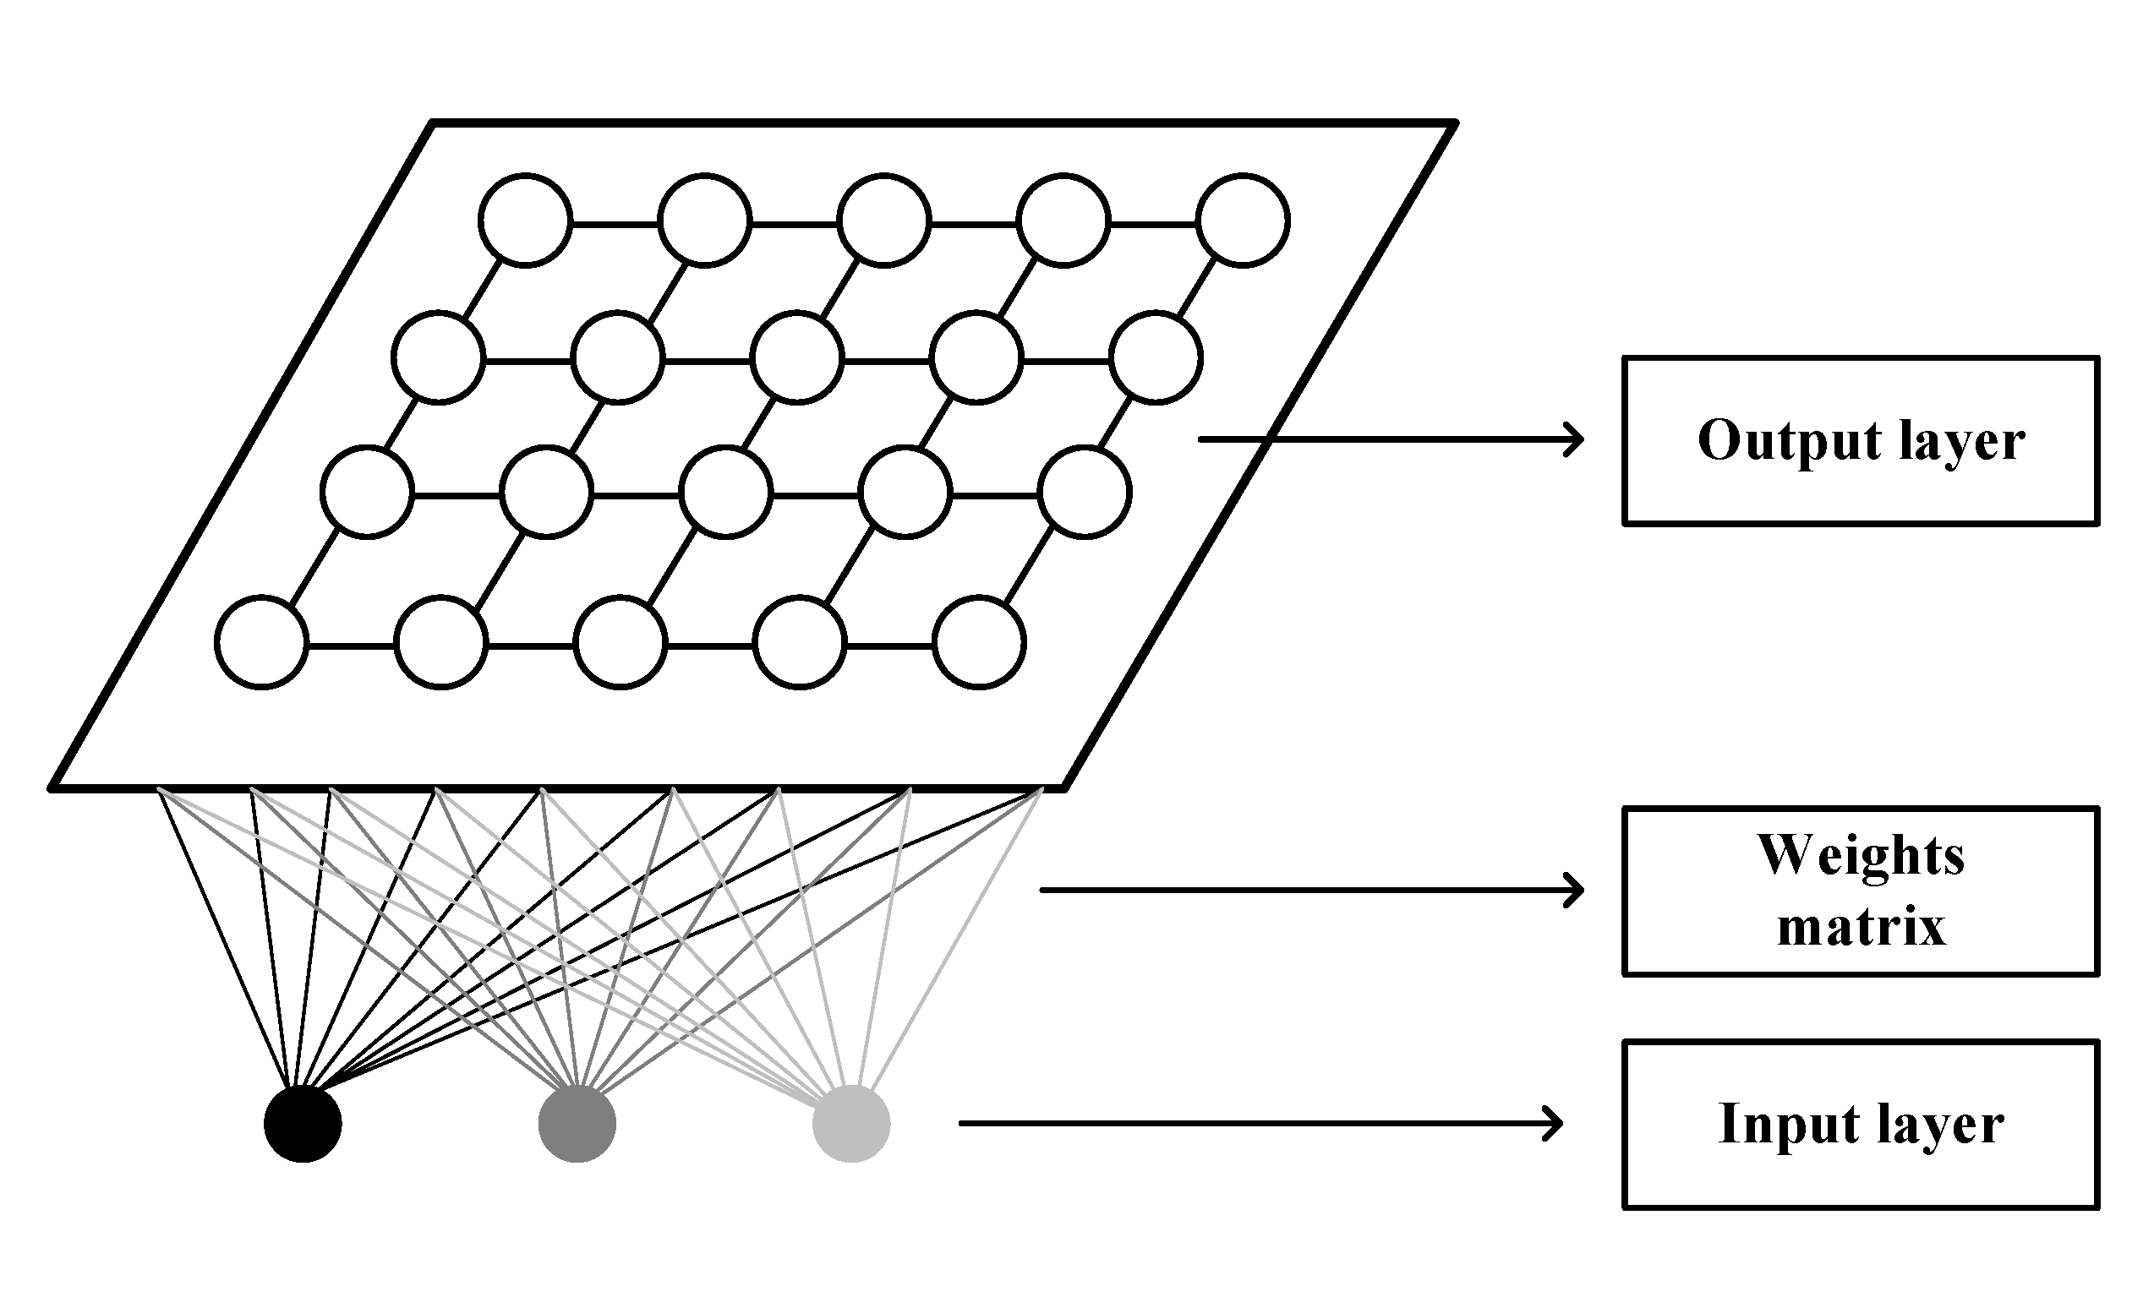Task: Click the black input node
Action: [303, 1124]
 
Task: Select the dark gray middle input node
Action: [577, 1124]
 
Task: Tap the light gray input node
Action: [851, 1124]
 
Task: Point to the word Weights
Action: [1862, 856]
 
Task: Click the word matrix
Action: [1862, 926]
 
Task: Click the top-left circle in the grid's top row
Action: [525, 221]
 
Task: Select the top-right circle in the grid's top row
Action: [1243, 221]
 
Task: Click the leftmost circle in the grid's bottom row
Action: [261, 642]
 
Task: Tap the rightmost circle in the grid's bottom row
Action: [979, 642]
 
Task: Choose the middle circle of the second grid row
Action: [796, 357]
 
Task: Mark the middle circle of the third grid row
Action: [725, 492]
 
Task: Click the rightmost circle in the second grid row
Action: [1156, 357]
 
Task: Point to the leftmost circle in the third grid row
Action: [367, 492]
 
